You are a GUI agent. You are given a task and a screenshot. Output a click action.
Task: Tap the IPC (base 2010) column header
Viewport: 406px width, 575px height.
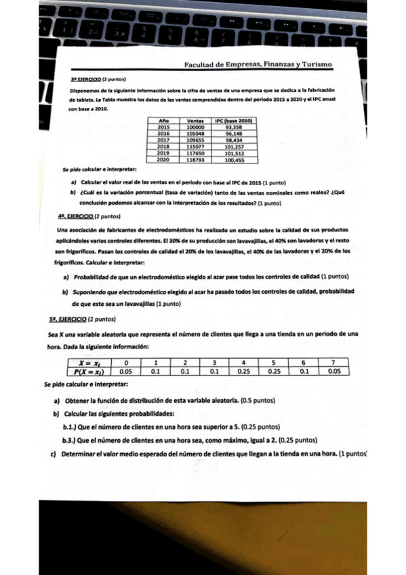point(234,121)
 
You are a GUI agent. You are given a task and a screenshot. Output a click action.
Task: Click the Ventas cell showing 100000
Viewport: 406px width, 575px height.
point(195,127)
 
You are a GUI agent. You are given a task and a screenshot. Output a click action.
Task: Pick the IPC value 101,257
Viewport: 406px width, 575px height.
point(234,146)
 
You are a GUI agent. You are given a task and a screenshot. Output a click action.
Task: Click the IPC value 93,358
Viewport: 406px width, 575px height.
point(234,127)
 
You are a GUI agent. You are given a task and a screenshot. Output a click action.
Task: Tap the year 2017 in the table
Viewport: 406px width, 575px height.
point(163,140)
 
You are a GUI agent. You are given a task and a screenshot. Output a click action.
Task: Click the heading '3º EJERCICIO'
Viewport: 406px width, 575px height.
point(85,79)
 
